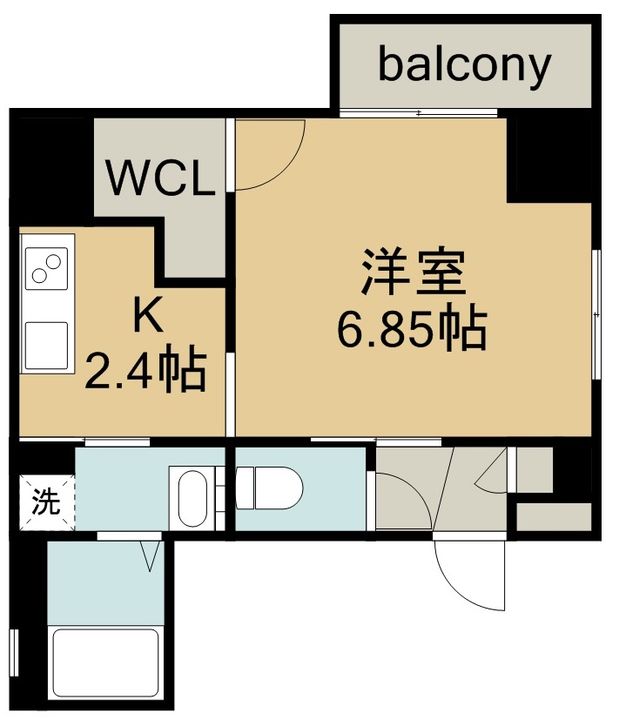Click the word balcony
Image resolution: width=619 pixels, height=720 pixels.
[464, 65]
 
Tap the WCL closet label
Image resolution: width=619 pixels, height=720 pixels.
[161, 180]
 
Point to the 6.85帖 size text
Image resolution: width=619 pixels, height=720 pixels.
[411, 328]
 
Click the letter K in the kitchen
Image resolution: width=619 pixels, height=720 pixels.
[146, 317]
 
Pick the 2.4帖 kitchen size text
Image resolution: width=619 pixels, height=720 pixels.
[146, 370]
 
